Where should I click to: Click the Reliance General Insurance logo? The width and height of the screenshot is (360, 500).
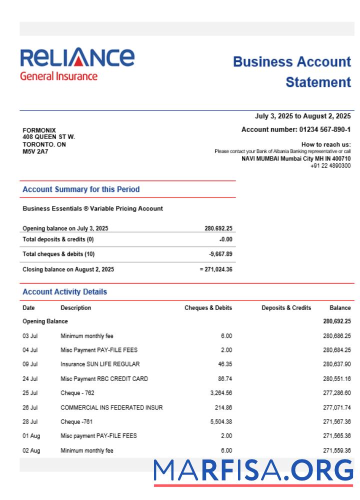pyautogui.click(x=77, y=64)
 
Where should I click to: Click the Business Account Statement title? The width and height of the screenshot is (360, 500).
pyautogui.click(x=292, y=72)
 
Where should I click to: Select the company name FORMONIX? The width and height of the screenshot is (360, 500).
pyautogui.click(x=39, y=130)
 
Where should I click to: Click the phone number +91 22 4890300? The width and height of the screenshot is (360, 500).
pyautogui.click(x=330, y=165)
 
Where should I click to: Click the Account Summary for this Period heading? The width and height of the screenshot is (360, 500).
pyautogui.click(x=81, y=189)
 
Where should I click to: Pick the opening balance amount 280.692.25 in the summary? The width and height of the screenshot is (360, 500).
pyautogui.click(x=218, y=228)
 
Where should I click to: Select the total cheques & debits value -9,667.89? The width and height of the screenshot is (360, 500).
pyautogui.click(x=220, y=254)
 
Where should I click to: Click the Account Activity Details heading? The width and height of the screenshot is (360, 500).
pyautogui.click(x=64, y=292)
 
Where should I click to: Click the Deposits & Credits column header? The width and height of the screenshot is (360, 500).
pyautogui.click(x=286, y=308)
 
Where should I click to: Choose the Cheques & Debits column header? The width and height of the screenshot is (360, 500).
pyautogui.click(x=208, y=308)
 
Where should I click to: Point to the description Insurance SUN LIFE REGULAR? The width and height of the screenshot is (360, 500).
pyautogui.click(x=100, y=364)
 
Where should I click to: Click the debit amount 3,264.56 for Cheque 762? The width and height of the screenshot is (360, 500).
pyautogui.click(x=221, y=393)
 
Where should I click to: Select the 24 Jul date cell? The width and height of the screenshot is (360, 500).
pyautogui.click(x=30, y=378)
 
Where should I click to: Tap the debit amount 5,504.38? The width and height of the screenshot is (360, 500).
pyautogui.click(x=221, y=422)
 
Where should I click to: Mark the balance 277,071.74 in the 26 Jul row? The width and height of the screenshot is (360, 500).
pyautogui.click(x=337, y=407)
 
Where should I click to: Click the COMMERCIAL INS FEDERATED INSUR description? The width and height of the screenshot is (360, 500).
pyautogui.click(x=111, y=407)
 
